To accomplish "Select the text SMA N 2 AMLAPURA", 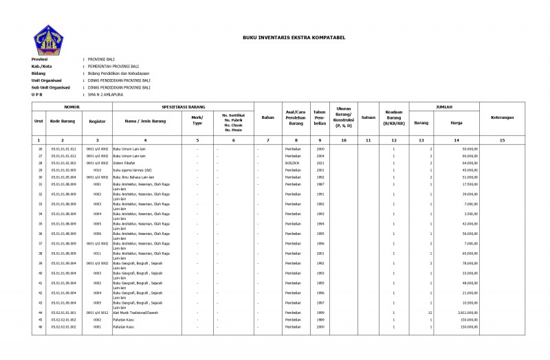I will click(104, 94).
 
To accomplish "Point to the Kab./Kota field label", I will click(43, 66).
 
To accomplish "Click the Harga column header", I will click(456, 123).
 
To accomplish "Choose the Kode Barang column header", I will click(63, 121).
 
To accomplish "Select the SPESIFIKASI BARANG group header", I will click(184, 108).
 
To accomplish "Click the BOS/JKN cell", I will click(295, 163).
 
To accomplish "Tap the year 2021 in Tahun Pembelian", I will click(320, 163).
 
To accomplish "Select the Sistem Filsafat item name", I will click(126, 163).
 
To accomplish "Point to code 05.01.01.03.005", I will click(63, 170).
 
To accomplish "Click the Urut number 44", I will click(40, 312).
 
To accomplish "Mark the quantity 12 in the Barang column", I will click(429, 312).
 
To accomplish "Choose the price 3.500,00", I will click(470, 214).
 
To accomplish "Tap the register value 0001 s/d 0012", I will click(97, 312).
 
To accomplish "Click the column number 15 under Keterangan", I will click(502, 139).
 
